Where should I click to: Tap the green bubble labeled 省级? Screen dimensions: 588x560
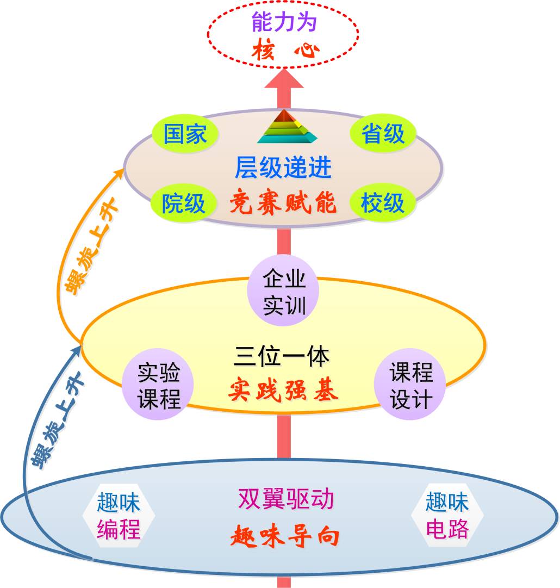tap(383, 134)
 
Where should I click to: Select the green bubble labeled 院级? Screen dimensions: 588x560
tap(184, 203)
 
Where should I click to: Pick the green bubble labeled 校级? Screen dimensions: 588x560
tap(383, 203)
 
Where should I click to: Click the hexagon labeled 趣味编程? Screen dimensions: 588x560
tap(119, 515)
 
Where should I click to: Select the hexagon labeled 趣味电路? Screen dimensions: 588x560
tap(447, 515)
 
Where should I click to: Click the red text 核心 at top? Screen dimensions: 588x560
tap(285, 52)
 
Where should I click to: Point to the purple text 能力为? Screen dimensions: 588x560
tap(284, 23)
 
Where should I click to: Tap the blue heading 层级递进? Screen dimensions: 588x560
tap(283, 168)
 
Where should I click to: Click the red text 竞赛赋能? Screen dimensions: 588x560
tap(283, 203)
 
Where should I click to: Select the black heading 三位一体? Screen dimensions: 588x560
tap(283, 357)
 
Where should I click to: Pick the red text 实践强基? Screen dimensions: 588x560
tap(283, 390)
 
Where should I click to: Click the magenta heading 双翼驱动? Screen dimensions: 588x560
tap(285, 499)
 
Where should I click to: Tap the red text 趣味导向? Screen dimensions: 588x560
tap(285, 536)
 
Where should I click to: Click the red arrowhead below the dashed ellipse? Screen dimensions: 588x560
tap(283, 79)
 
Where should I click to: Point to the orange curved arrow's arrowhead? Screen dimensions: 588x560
tap(121, 174)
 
